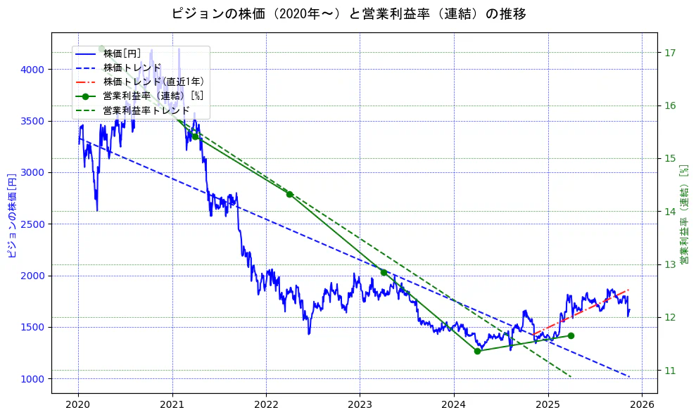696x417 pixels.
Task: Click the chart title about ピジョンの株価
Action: (x=348, y=13)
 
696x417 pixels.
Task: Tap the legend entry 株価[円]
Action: (x=122, y=53)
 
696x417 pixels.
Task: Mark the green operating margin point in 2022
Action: (x=289, y=194)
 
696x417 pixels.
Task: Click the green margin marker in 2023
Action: (x=384, y=272)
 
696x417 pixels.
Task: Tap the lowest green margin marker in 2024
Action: (x=477, y=351)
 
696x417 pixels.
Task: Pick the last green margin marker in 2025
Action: (x=571, y=335)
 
